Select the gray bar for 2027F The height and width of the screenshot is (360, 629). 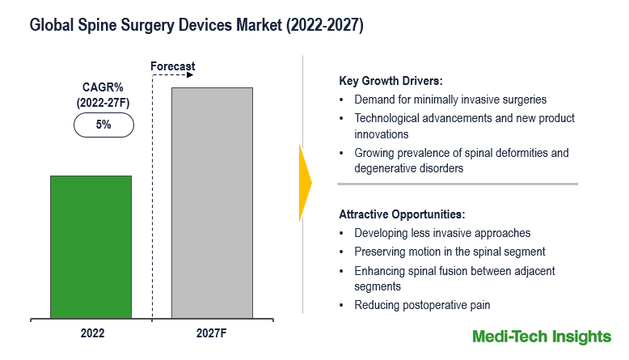[212, 201]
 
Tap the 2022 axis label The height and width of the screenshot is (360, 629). [91, 332]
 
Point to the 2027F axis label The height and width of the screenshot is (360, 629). [212, 332]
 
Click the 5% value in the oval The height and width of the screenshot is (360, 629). [103, 125]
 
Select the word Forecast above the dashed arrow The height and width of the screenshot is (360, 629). [173, 66]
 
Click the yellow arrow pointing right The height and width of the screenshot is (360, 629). [305, 183]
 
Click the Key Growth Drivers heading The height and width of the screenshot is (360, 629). [390, 81]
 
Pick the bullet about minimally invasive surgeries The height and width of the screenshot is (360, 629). [450, 100]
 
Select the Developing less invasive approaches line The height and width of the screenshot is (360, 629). [442, 233]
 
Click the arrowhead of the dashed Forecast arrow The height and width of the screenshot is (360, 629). [191, 75]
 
